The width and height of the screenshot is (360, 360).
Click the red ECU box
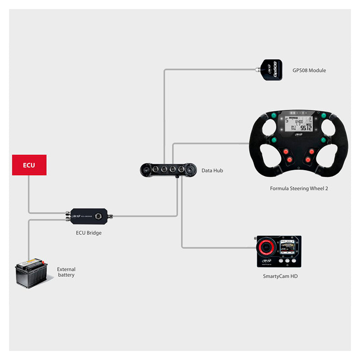(x=29, y=165)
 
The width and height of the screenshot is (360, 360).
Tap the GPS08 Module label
(x=309, y=71)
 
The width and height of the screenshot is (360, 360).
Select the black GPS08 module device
(x=272, y=70)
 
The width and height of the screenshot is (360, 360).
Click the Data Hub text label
(x=212, y=171)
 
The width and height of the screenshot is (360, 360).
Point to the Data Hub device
(x=168, y=170)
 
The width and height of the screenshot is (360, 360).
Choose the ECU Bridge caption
(x=88, y=233)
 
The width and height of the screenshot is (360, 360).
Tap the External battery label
(x=66, y=272)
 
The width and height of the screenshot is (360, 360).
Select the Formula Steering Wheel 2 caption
(x=298, y=189)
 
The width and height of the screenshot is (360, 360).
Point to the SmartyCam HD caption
(x=280, y=276)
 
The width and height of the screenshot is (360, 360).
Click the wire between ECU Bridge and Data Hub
(x=144, y=216)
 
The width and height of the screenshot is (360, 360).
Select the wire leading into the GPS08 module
(x=207, y=69)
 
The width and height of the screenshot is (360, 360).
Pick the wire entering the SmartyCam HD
(x=216, y=247)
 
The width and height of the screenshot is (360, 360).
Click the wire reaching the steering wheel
(x=211, y=144)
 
